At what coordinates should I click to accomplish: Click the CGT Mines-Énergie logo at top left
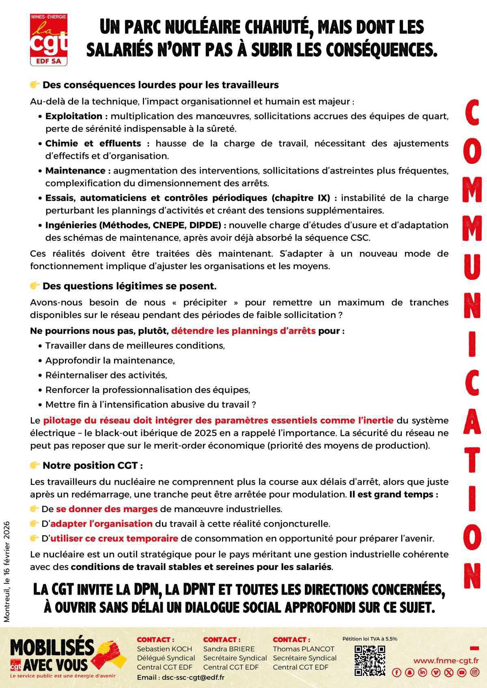[49, 39]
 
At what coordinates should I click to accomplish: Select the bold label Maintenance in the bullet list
[75, 170]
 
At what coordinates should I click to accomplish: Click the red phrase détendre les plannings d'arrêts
[243, 330]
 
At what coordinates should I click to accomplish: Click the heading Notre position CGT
[93, 465]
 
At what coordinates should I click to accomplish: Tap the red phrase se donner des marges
[107, 509]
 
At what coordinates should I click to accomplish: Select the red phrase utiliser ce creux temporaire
[114, 538]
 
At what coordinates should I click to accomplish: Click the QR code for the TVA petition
[369, 660]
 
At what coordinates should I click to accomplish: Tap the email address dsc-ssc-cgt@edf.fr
[193, 677]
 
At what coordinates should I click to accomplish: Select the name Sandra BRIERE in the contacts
[228, 649]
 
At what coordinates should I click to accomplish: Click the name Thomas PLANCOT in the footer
[303, 649]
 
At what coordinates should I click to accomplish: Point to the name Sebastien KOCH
[164, 649]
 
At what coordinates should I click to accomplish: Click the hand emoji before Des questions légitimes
[35, 286]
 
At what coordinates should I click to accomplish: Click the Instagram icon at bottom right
[474, 672]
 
